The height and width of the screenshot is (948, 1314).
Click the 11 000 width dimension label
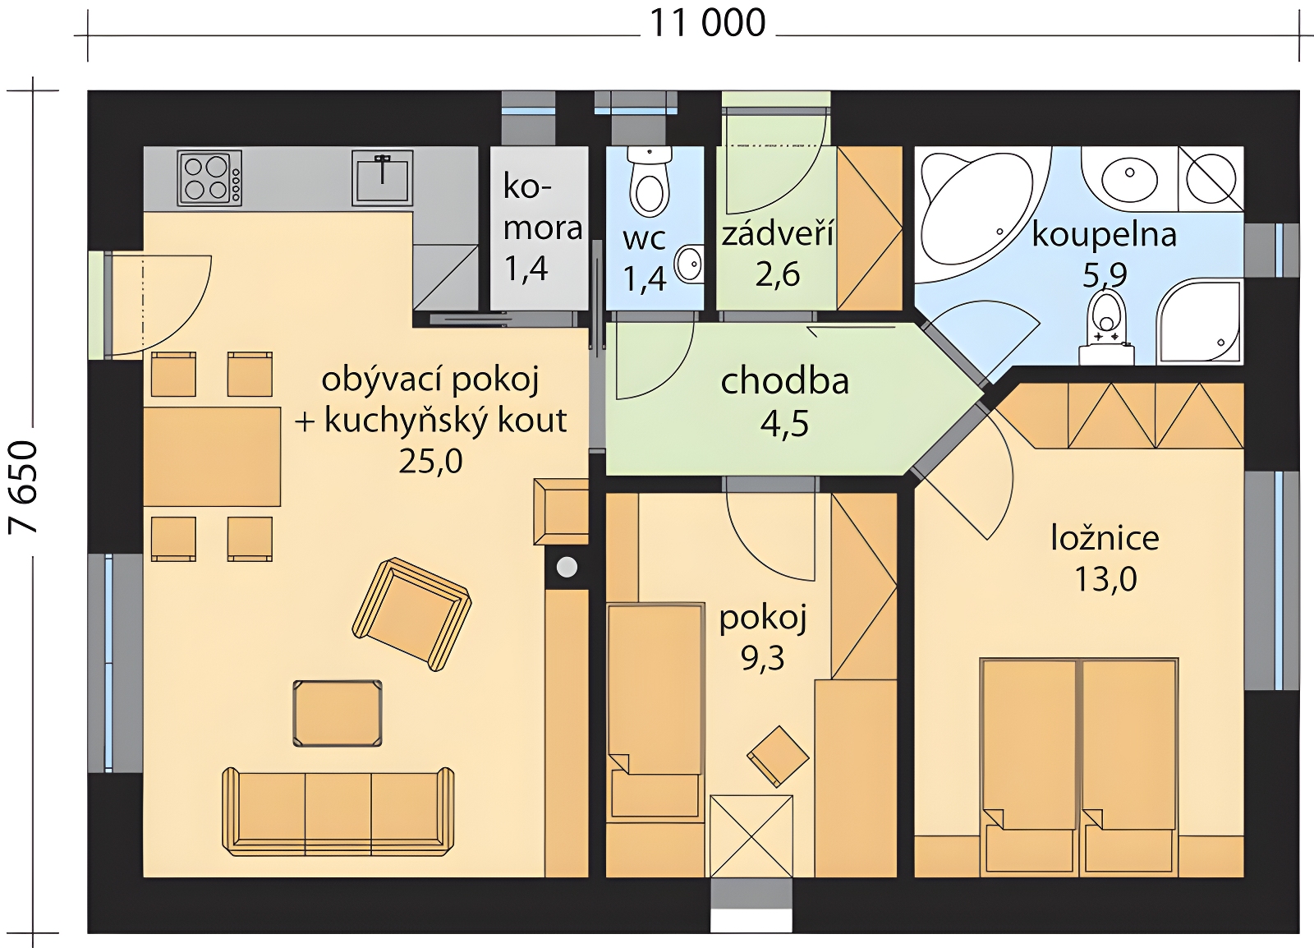pyautogui.click(x=707, y=24)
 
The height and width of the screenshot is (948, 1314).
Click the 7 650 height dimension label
pyautogui.click(x=24, y=487)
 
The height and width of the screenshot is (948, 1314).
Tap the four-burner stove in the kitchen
pyautogui.click(x=210, y=177)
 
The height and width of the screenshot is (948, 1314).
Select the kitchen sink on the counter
pyautogui.click(x=382, y=177)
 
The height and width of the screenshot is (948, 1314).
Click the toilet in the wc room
pyautogui.click(x=650, y=180)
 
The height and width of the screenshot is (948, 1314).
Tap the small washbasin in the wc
pyautogui.click(x=689, y=264)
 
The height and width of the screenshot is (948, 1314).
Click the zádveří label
pyautogui.click(x=777, y=235)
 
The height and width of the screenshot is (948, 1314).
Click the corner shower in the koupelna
pyautogui.click(x=1200, y=322)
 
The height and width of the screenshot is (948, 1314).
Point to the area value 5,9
pyautogui.click(x=1104, y=275)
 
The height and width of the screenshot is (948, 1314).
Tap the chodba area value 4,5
pyautogui.click(x=784, y=423)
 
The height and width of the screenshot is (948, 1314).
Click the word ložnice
pyautogui.click(x=1105, y=539)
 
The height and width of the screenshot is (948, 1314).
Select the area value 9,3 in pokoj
pyautogui.click(x=762, y=659)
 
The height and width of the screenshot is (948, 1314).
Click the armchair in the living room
pyautogui.click(x=411, y=614)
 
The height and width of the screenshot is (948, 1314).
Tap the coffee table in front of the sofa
pyautogui.click(x=338, y=713)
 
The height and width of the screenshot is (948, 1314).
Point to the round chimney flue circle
pyautogui.click(x=566, y=568)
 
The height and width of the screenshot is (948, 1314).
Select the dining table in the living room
pyautogui.click(x=212, y=457)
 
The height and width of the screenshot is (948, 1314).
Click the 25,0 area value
pyautogui.click(x=430, y=462)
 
